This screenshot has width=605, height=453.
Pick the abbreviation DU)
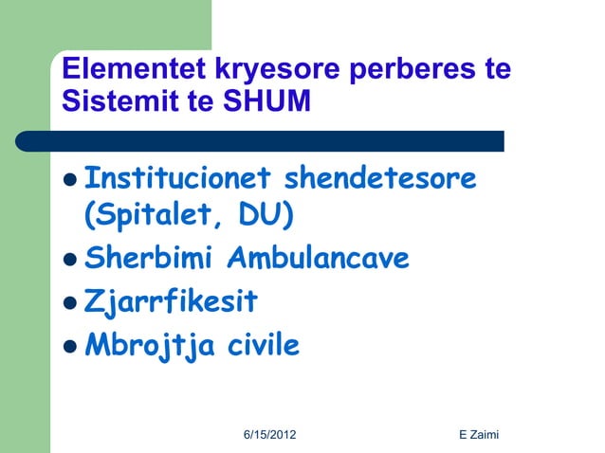(x=266, y=217)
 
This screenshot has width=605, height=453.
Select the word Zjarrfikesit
(x=172, y=302)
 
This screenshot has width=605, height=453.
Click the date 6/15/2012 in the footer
(x=269, y=434)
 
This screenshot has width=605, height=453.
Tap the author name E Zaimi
(x=479, y=434)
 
